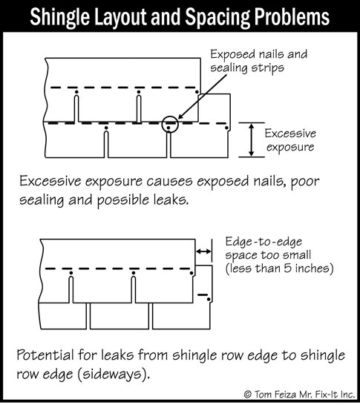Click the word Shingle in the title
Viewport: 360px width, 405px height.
click(x=59, y=17)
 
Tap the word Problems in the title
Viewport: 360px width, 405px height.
click(x=292, y=17)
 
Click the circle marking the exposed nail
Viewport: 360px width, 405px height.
click(x=170, y=124)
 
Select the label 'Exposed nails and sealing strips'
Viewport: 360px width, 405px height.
click(x=259, y=62)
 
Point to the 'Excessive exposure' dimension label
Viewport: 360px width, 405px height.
click(x=290, y=140)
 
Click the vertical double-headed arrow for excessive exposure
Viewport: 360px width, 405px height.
click(x=251, y=139)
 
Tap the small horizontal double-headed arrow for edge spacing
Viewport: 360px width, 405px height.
click(x=203, y=251)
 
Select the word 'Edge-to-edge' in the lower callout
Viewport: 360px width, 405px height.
click(x=264, y=242)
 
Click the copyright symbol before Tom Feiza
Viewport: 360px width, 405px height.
click(x=248, y=395)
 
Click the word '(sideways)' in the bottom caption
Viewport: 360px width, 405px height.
click(x=114, y=375)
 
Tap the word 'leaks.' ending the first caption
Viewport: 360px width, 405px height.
click(x=171, y=200)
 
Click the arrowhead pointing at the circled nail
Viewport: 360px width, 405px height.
click(x=181, y=116)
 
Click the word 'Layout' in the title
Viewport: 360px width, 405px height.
click(x=120, y=18)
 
